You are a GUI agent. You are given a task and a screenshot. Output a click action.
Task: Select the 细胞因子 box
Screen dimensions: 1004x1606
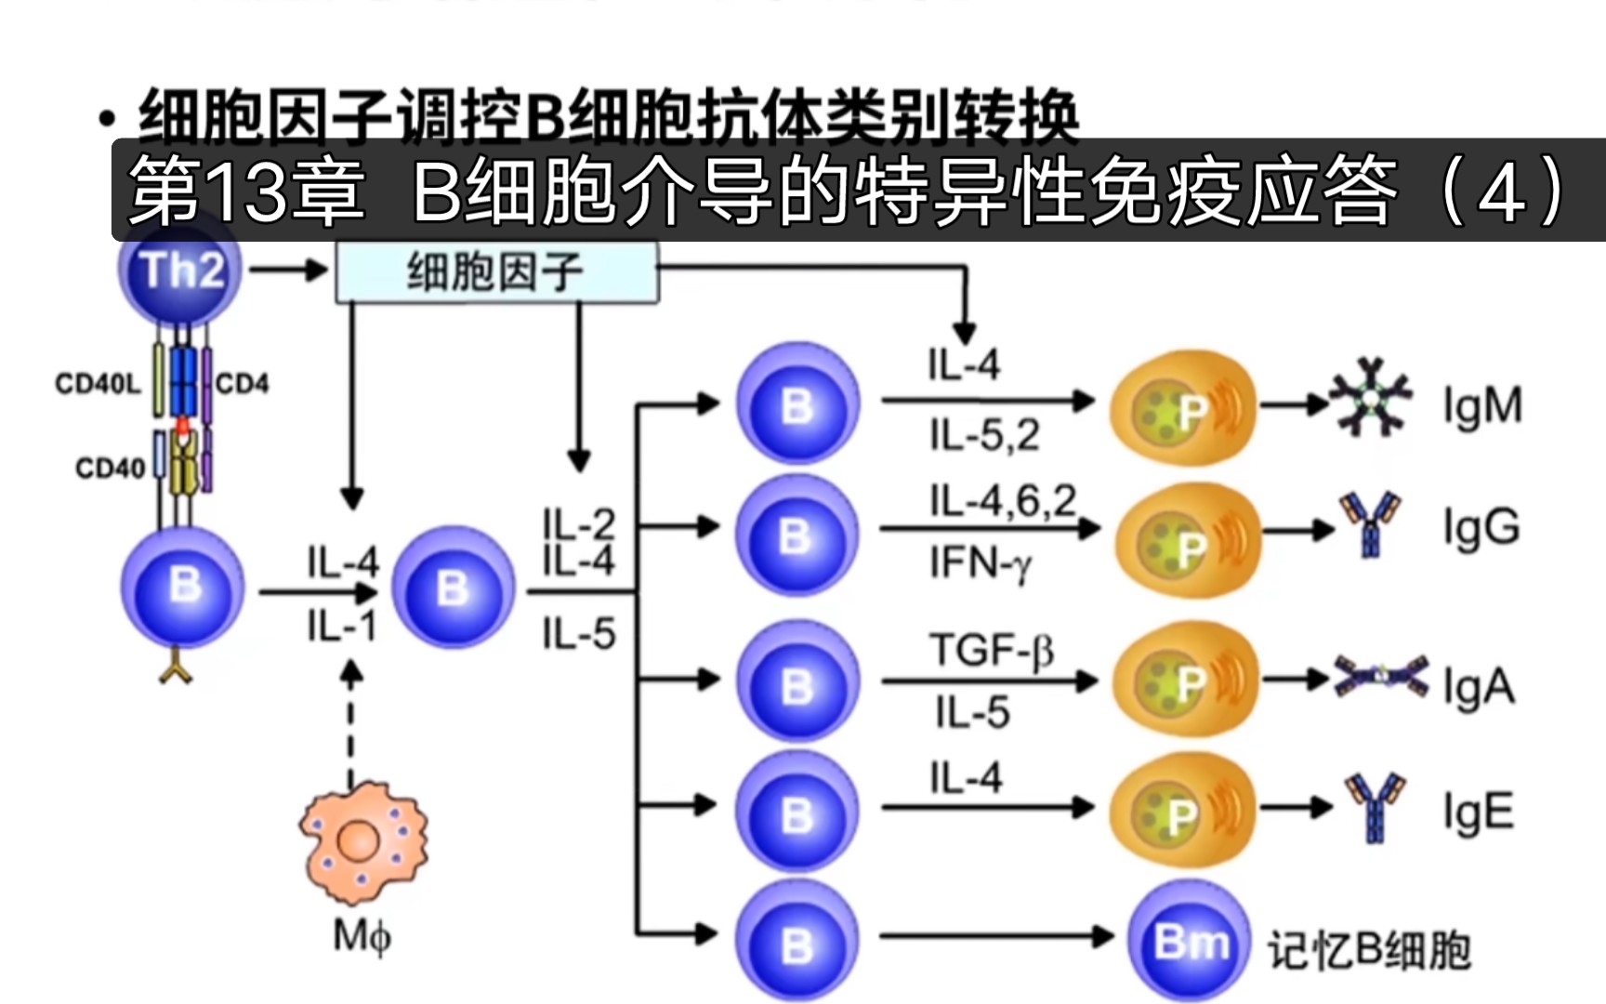pos(496,272)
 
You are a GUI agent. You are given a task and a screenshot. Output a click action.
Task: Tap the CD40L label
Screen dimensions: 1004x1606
pos(97,384)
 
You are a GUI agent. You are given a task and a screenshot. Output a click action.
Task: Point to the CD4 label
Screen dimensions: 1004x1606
pos(243,384)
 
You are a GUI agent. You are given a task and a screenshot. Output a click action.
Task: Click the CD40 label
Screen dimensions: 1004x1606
pos(110,468)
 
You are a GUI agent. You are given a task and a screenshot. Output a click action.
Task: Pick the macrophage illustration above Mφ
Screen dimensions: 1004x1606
pos(362,842)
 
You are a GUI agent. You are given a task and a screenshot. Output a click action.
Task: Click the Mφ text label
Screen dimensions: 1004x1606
pos(362,935)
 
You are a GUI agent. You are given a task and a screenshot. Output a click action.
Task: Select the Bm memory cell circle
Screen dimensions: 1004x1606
pos(1190,942)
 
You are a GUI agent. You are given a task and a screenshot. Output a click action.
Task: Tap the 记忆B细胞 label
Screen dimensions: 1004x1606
pos(1369,950)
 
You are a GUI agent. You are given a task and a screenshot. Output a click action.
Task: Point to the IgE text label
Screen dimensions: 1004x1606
pos(1478,812)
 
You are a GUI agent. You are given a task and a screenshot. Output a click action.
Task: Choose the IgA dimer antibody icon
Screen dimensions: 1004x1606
pos(1381,677)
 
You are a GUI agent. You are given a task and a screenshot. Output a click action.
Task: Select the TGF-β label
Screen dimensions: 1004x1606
pos(991,650)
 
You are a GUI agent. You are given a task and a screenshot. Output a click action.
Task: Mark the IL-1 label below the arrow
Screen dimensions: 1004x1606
pos(342,627)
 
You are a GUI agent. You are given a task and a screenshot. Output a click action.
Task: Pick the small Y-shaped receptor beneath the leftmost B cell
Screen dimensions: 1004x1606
pos(176,670)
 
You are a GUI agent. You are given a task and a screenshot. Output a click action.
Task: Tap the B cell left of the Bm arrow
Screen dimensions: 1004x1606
pos(796,942)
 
